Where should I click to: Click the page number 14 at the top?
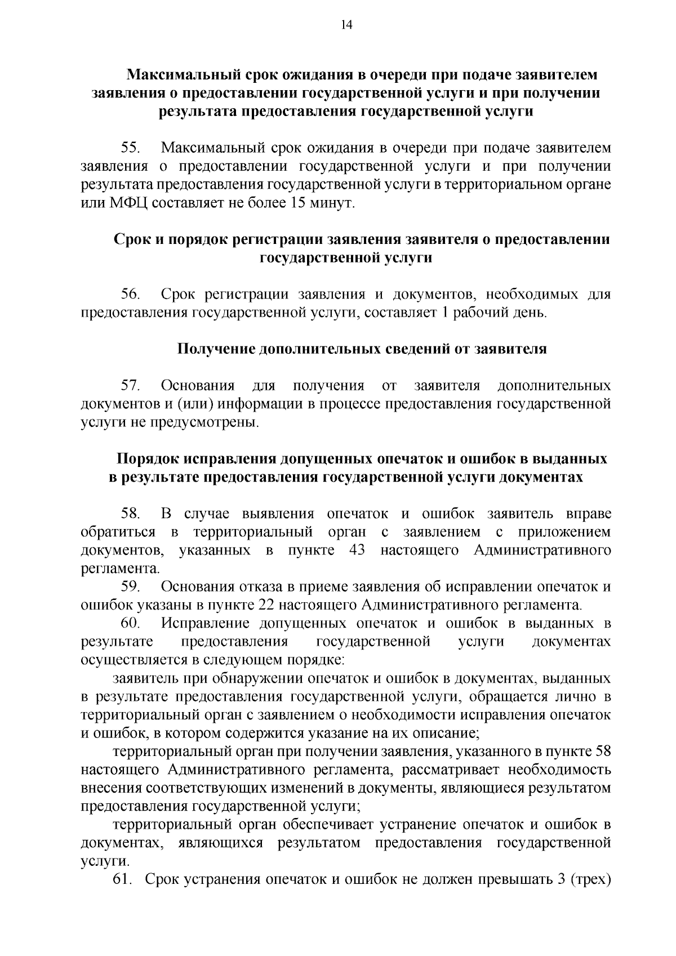pyautogui.click(x=346, y=24)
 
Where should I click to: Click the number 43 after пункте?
pyautogui.click(x=357, y=550)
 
